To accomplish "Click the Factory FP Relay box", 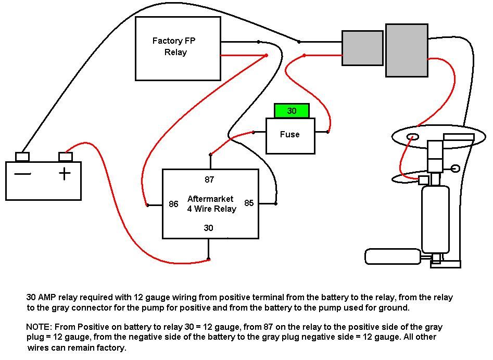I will [178, 48].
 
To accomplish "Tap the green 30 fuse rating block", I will [292, 111].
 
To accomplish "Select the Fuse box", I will [290, 135].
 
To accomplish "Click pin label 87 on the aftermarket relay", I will [209, 179].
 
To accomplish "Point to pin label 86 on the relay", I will [173, 204].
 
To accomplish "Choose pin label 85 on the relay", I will [249, 203].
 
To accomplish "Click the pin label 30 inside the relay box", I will [208, 228].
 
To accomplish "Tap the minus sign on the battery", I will [22, 174].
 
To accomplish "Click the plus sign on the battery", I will [65, 173].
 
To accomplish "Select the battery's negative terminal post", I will [22, 156].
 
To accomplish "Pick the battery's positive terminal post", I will [65, 156].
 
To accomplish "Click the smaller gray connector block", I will [362, 48].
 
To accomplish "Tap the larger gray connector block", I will [406, 50].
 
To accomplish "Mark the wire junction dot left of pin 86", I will [147, 205].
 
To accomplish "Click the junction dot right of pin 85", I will [276, 203].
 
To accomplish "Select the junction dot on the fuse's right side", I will [327, 132].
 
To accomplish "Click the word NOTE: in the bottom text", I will [37, 327].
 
